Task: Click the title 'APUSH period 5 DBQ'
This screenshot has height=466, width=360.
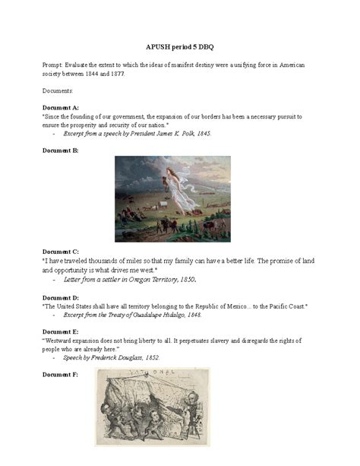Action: coord(179,46)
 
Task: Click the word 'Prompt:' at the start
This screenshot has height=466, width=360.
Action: coord(55,65)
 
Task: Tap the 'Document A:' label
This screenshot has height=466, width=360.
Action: coord(61,108)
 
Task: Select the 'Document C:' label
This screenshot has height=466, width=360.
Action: coord(61,251)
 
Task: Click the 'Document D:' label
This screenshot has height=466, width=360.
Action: coord(61,297)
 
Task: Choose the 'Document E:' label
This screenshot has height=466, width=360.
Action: coord(61,331)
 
